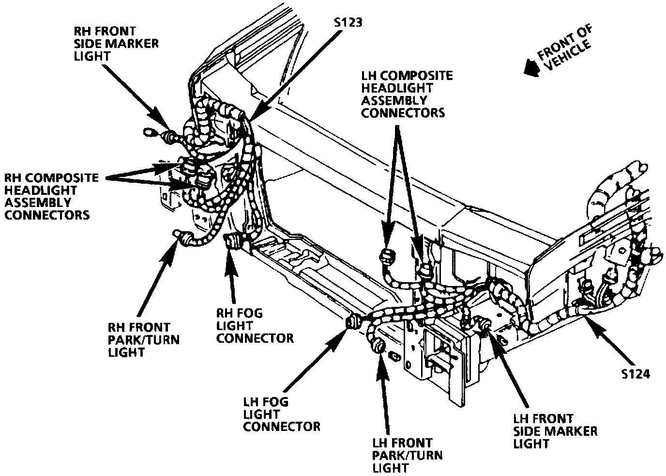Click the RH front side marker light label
(116, 44)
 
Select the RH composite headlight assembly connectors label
(51, 196)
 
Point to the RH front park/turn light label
(143, 339)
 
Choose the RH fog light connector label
(255, 325)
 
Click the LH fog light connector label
(281, 414)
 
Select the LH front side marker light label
(555, 431)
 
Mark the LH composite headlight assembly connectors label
(407, 95)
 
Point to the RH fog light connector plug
(232, 241)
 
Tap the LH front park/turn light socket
(378, 347)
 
